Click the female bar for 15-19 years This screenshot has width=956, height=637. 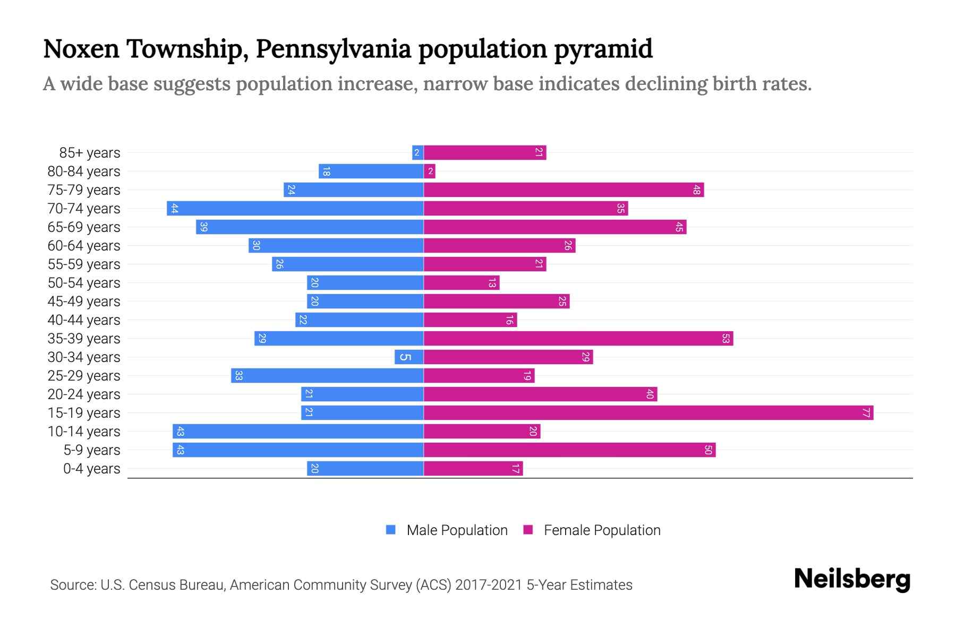click(648, 412)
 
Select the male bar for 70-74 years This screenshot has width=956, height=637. click(295, 208)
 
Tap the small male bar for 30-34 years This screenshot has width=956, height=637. click(409, 357)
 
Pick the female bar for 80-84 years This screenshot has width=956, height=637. click(430, 171)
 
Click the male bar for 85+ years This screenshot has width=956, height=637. click(417, 152)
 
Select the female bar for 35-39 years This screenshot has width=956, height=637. click(578, 338)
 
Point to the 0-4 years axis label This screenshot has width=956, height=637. click(91, 469)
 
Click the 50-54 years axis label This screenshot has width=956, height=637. click(84, 283)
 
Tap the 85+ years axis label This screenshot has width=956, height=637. click(90, 153)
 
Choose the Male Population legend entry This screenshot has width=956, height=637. click(457, 530)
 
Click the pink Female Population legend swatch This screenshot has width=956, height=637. click(528, 530)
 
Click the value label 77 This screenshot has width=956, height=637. click(866, 412)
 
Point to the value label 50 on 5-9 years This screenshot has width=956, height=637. click(708, 450)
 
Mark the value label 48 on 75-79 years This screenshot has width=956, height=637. click(696, 190)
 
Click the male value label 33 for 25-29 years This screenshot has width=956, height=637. click(239, 375)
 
